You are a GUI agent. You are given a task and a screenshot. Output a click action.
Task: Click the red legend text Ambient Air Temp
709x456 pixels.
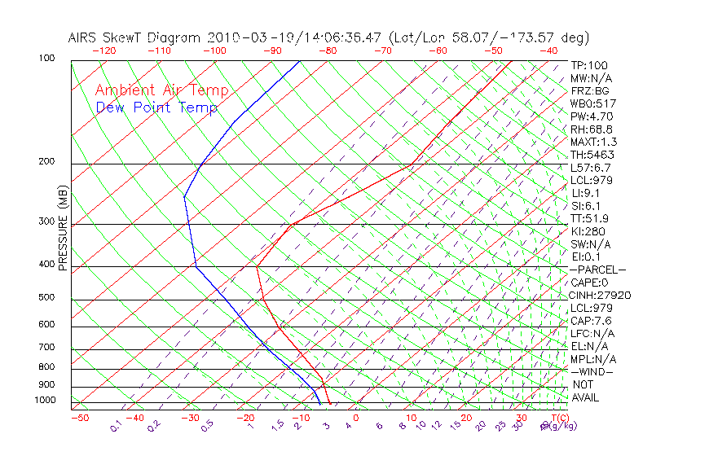(x=161, y=90)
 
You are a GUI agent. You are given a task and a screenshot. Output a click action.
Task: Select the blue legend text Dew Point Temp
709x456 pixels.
(x=156, y=107)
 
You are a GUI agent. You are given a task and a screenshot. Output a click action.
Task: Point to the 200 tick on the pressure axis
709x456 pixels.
(x=46, y=162)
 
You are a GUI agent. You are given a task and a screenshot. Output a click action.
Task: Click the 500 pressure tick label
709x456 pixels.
(x=46, y=298)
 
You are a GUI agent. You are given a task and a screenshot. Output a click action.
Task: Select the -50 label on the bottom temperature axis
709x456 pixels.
(x=79, y=418)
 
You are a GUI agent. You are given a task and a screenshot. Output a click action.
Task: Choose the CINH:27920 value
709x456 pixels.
(x=601, y=296)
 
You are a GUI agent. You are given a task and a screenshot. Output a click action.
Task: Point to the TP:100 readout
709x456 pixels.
(x=588, y=65)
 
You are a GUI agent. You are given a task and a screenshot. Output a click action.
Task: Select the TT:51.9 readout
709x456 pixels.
(x=590, y=218)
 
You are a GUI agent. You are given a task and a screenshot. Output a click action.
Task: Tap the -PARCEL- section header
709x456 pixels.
(x=597, y=270)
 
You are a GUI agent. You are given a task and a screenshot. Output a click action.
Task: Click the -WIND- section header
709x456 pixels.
(x=592, y=371)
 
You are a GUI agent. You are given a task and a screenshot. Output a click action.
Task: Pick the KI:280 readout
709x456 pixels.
(x=588, y=231)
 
